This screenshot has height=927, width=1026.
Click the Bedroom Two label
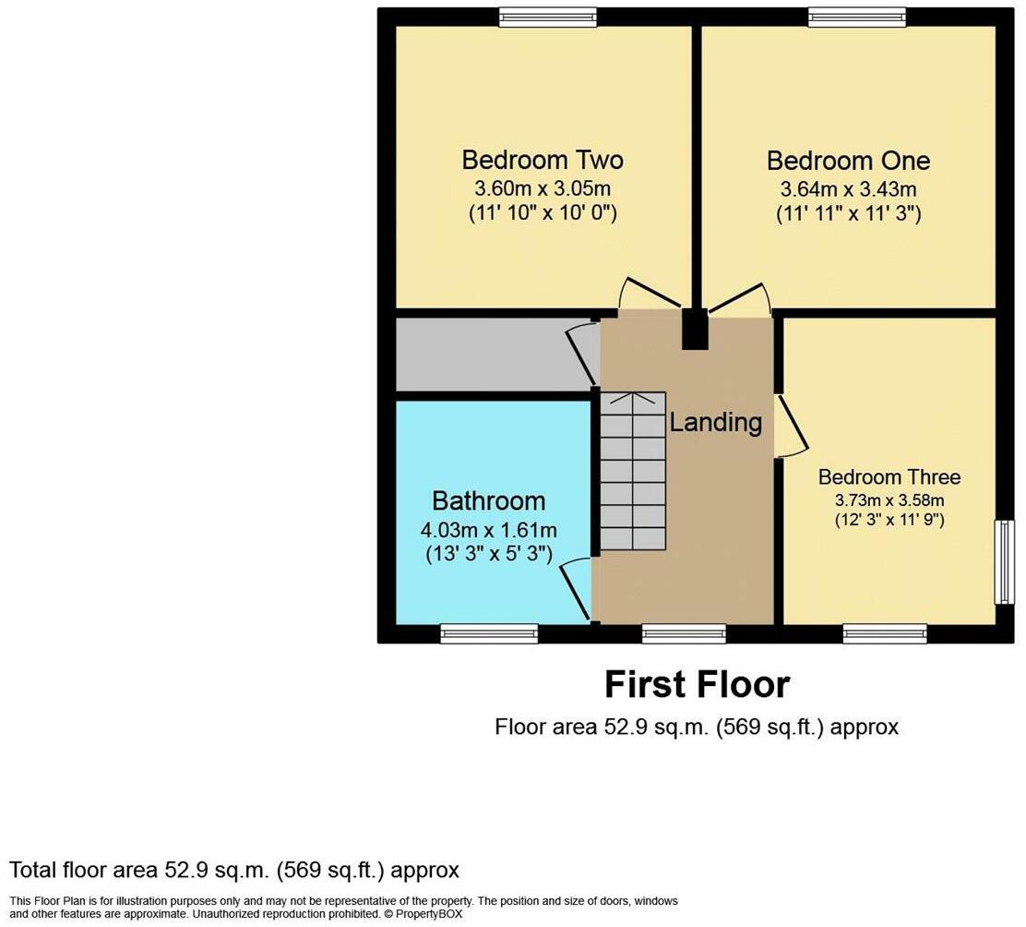click(x=543, y=160)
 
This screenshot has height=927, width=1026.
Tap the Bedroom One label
click(x=848, y=161)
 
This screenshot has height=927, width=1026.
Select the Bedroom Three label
click(x=889, y=477)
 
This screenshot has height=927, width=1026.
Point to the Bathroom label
click(x=489, y=501)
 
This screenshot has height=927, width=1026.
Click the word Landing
click(x=716, y=423)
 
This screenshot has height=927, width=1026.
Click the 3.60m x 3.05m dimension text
click(x=543, y=189)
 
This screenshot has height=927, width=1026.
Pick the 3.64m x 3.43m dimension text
click(x=848, y=190)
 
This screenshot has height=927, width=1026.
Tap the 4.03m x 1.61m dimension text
click(x=489, y=531)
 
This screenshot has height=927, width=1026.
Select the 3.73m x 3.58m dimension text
click(x=889, y=500)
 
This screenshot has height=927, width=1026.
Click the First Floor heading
click(x=698, y=685)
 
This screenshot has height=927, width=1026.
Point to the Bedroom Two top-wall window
click(x=548, y=17)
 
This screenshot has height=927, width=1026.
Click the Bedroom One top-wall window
click(x=857, y=17)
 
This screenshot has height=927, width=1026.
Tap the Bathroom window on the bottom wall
click(x=489, y=633)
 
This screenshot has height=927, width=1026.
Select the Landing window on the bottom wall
click(x=684, y=633)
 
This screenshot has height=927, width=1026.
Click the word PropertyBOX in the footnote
click(x=431, y=914)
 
